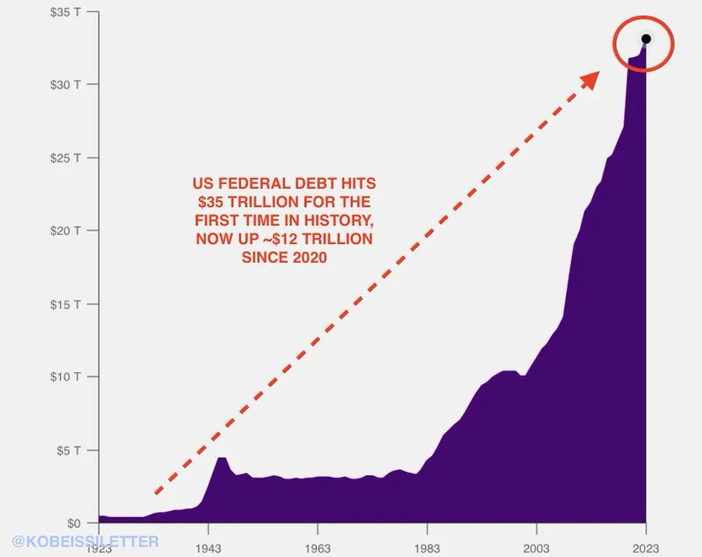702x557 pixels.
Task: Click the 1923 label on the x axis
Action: (98, 548)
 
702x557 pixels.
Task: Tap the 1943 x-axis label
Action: (208, 548)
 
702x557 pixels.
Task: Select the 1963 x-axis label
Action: (317, 548)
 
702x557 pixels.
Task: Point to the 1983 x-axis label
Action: (427, 548)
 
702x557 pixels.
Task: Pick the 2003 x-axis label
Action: (537, 548)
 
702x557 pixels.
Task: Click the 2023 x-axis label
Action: (646, 548)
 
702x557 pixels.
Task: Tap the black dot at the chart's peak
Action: (646, 39)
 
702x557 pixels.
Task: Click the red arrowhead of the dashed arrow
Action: (591, 77)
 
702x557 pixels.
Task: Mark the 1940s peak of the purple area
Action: (222, 457)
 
